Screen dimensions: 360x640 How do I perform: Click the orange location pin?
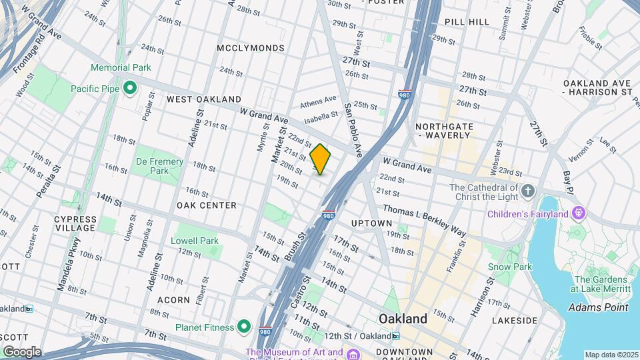(x=321, y=159)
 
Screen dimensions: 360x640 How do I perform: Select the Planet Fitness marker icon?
(x=245, y=327)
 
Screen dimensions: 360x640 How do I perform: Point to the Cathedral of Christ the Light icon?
(x=528, y=192)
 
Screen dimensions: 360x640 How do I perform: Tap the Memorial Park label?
(x=121, y=67)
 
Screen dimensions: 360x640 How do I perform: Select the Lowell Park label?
(x=194, y=241)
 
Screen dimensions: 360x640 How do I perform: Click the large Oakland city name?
(x=403, y=319)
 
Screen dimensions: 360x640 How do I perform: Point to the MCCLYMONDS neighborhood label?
(x=251, y=48)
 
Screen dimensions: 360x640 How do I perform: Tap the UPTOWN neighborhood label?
(x=371, y=223)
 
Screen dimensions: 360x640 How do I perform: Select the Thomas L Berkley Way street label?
(x=424, y=220)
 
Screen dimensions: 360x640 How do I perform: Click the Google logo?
(x=22, y=351)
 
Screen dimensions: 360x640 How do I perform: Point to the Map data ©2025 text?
(x=611, y=355)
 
